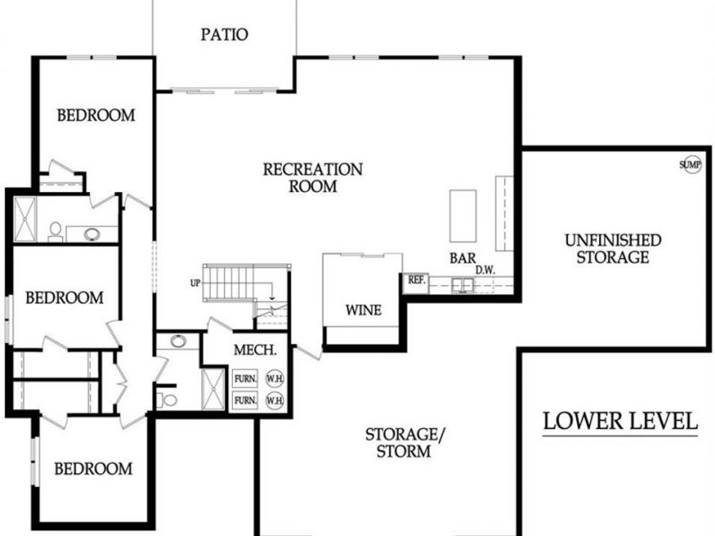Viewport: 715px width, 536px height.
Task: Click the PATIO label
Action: tap(224, 35)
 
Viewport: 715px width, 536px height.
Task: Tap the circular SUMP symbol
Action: tap(690, 164)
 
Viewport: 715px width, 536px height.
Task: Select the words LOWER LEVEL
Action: tap(620, 421)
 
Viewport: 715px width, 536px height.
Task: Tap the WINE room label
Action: tap(362, 310)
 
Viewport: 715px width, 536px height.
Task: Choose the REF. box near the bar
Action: tap(416, 280)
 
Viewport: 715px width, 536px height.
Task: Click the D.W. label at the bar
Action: tap(485, 270)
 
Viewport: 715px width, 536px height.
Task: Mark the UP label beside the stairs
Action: tap(195, 283)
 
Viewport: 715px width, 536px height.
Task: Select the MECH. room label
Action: tap(255, 350)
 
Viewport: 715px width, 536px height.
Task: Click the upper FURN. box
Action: tap(245, 379)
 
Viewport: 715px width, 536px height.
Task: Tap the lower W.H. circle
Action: tap(274, 401)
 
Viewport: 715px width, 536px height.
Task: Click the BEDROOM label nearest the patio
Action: tap(95, 115)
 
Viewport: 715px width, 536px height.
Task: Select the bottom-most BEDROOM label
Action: tap(93, 469)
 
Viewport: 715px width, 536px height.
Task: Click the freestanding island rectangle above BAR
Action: tap(462, 215)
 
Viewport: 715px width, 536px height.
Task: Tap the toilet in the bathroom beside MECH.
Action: tap(168, 398)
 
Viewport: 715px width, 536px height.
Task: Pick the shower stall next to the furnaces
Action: tap(213, 389)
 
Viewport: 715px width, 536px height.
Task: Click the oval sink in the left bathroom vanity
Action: tap(92, 234)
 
